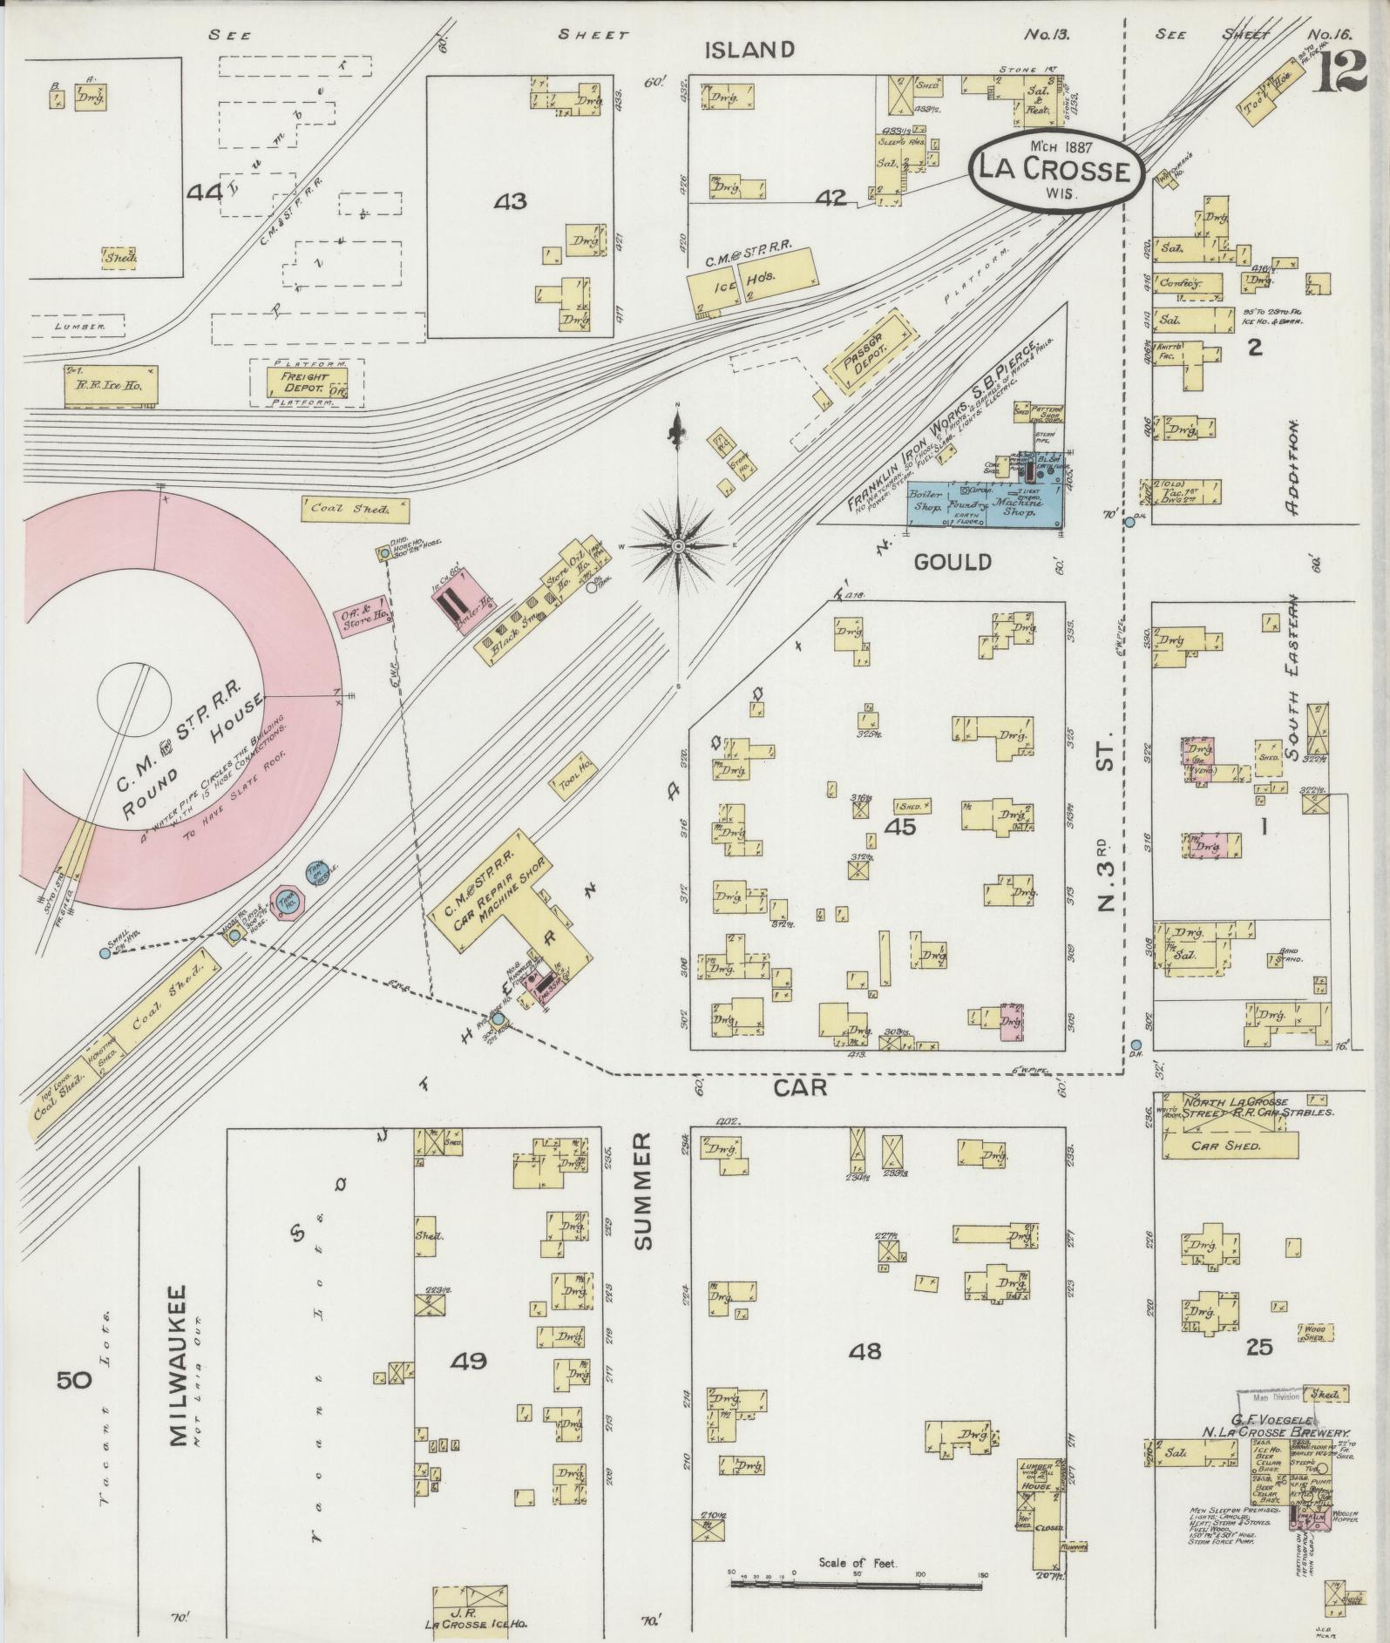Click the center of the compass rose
(x=678, y=546)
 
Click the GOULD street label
(x=953, y=562)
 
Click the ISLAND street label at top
(x=750, y=50)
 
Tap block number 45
(x=899, y=826)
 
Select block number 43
(x=510, y=202)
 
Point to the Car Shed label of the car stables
(x=1227, y=1146)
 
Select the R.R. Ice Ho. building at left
(x=111, y=385)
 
